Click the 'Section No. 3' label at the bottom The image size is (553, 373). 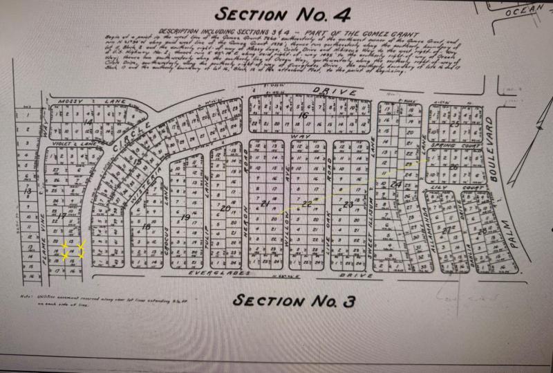point(293,301)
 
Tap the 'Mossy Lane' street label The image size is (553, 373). point(92,102)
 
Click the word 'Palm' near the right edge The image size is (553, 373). point(514,232)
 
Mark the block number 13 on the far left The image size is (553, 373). point(28,190)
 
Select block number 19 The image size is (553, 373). point(185,217)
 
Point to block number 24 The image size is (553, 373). point(396,185)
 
